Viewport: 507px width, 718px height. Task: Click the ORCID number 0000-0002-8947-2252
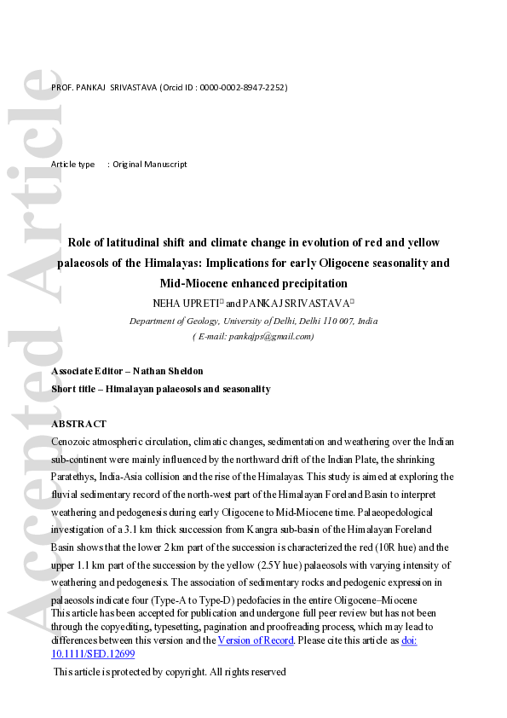pyautogui.click(x=244, y=88)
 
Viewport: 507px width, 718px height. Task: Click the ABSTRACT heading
pyautogui.click(x=79, y=424)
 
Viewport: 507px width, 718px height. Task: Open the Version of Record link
pyautogui.click(x=254, y=640)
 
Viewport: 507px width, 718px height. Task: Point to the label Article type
pyautogui.click(x=73, y=164)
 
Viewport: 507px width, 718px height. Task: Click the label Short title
pyautogui.click(x=73, y=389)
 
